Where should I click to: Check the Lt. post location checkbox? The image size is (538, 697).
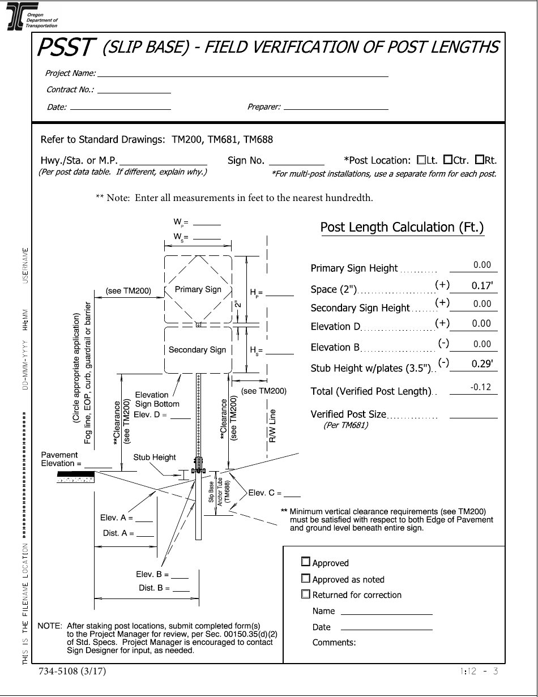421,160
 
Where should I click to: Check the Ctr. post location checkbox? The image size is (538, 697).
447,160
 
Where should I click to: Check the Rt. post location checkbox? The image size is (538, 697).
480,160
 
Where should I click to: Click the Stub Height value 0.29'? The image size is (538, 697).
482,365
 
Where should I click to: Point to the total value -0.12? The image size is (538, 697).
480,387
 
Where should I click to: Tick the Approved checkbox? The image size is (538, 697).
306,562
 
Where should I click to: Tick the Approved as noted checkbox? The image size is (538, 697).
306,578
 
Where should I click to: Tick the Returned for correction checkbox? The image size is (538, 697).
306,594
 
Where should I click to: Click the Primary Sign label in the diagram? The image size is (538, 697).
198,289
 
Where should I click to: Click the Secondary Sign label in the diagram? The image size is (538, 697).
197,350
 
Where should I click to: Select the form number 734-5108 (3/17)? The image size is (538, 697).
72,672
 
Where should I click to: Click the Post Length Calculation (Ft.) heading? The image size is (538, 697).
402,228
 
